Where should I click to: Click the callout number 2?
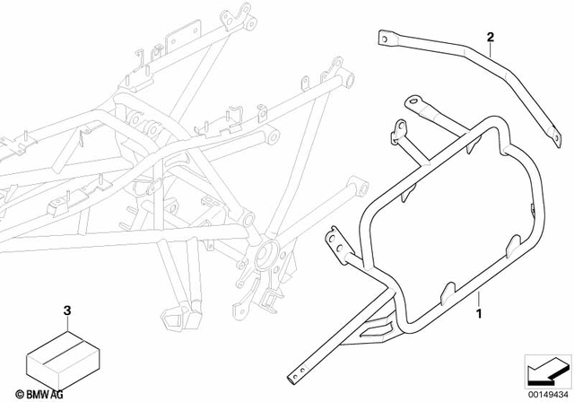(x=491, y=37)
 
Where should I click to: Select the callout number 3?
(x=65, y=310)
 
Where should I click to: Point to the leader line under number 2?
(x=491, y=50)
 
